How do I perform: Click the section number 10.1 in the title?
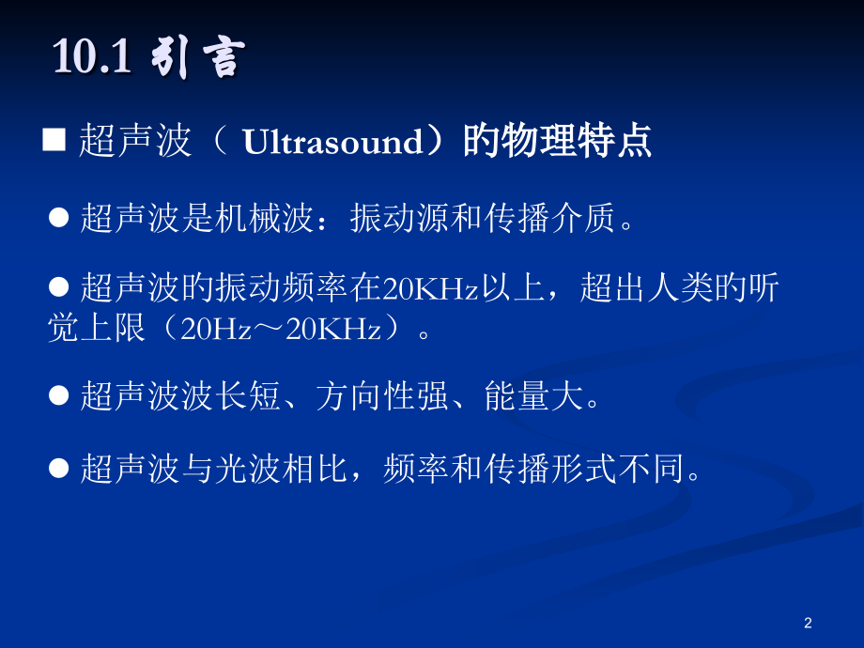tap(92, 59)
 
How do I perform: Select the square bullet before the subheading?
tap(54, 142)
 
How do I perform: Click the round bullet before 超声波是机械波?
tap(60, 218)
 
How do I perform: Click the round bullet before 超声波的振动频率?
tap(60, 287)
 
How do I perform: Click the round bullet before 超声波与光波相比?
tap(60, 468)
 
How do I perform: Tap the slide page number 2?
tap(809, 622)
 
